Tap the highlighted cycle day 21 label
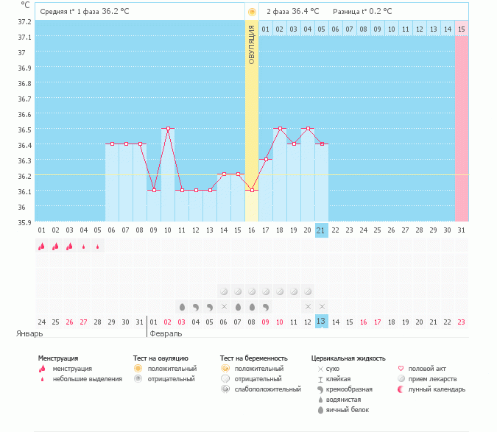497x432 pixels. [321, 230]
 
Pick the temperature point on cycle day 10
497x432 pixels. [168, 129]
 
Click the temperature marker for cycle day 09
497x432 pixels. [154, 190]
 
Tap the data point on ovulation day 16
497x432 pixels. [252, 190]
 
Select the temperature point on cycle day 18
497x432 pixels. [280, 129]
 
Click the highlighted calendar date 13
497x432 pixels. [321, 322]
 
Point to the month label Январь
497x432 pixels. [30, 333]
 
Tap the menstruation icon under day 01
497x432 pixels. [41, 247]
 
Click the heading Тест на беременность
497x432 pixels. [253, 358]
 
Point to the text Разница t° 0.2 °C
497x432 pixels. [362, 12]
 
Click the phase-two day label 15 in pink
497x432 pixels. [461, 29]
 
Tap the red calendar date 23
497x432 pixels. [461, 322]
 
